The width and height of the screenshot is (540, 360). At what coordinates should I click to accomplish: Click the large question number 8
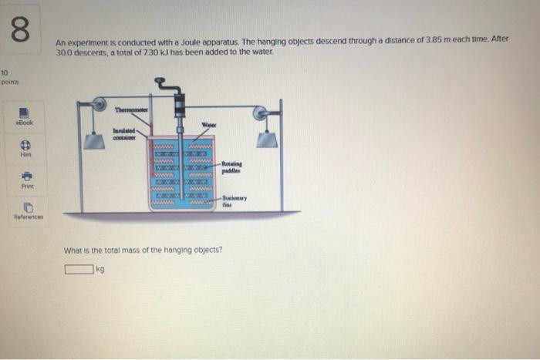(x=21, y=29)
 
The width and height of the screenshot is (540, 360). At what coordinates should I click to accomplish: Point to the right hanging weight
(x=267, y=139)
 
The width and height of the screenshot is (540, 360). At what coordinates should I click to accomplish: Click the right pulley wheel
(x=264, y=113)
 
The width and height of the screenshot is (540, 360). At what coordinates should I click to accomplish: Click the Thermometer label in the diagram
(x=133, y=110)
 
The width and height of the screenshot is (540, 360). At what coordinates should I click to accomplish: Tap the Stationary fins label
(x=234, y=200)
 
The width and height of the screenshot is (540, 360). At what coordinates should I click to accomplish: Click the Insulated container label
(x=123, y=134)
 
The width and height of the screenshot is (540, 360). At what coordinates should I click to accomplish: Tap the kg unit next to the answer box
(x=101, y=269)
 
